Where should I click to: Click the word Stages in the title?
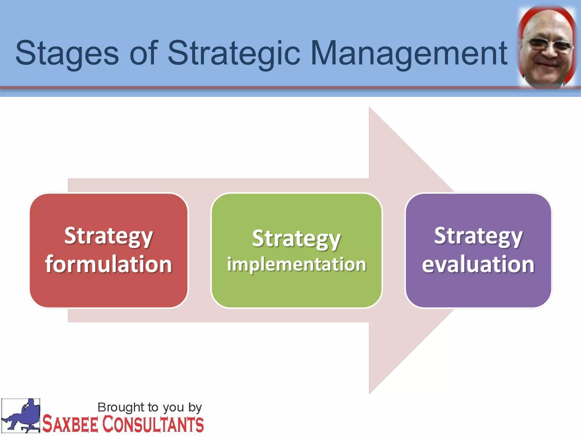67,53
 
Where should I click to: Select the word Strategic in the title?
234,53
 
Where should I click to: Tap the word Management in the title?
409,53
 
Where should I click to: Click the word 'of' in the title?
143,53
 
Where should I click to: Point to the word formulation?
108,264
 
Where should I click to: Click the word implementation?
296,264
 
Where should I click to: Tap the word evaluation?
478,264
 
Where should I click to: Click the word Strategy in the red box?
108,236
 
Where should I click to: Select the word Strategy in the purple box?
478,236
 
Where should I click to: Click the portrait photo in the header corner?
547,47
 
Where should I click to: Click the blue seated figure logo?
22,416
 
